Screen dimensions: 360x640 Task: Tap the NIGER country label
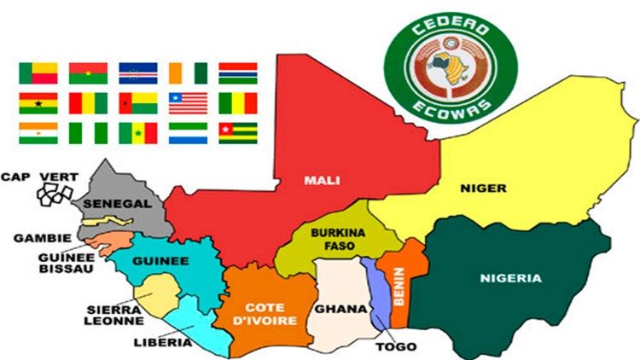483,188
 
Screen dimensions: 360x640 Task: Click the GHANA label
335,309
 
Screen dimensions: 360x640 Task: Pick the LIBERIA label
167,344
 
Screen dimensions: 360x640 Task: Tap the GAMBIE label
35,238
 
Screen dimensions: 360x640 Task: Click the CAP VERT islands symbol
52,193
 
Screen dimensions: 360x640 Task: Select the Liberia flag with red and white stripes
188,102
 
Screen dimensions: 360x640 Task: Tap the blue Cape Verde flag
137,73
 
